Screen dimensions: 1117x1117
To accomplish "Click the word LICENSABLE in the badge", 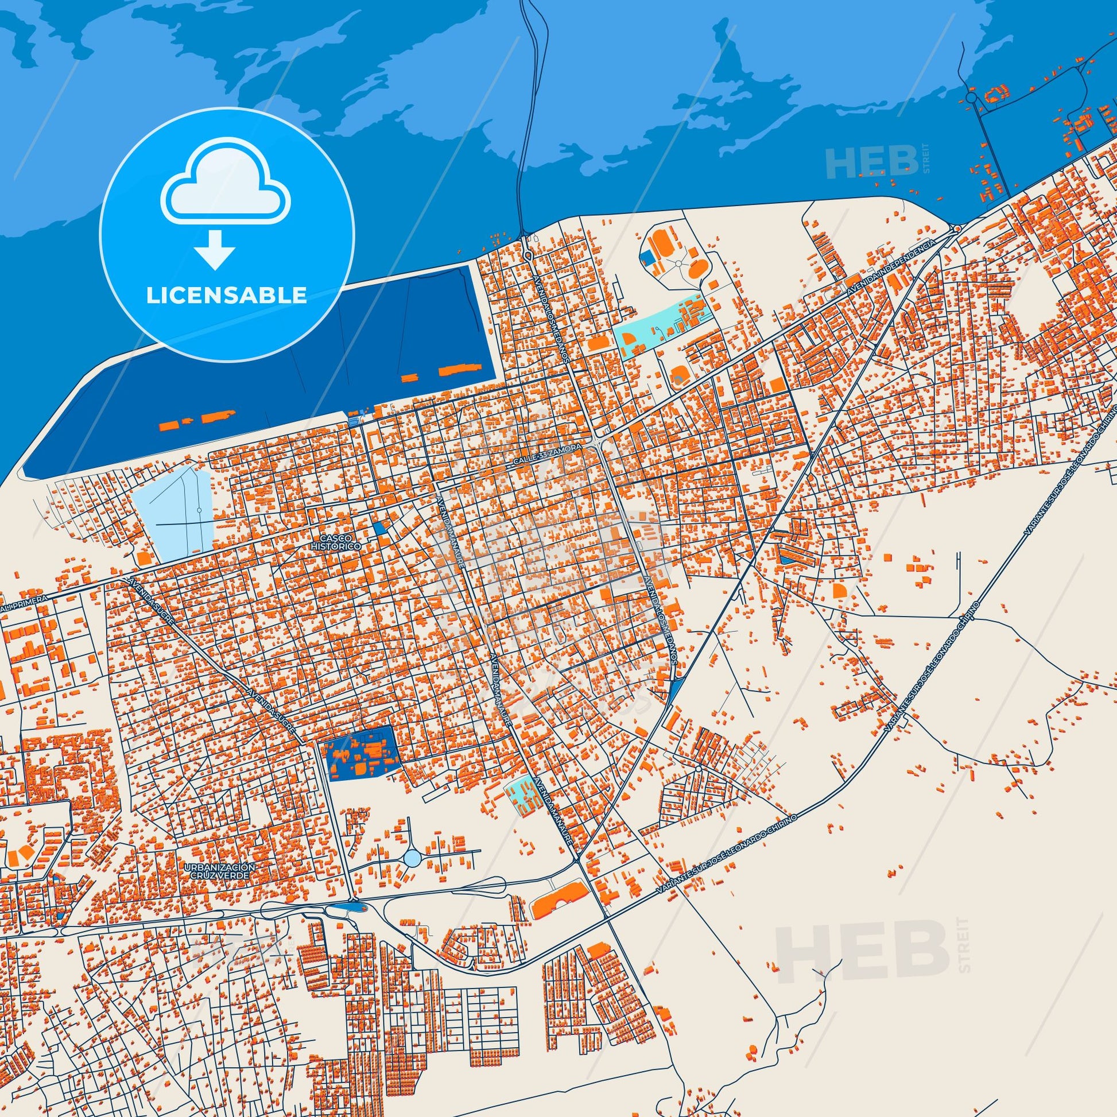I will pos(226,295).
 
